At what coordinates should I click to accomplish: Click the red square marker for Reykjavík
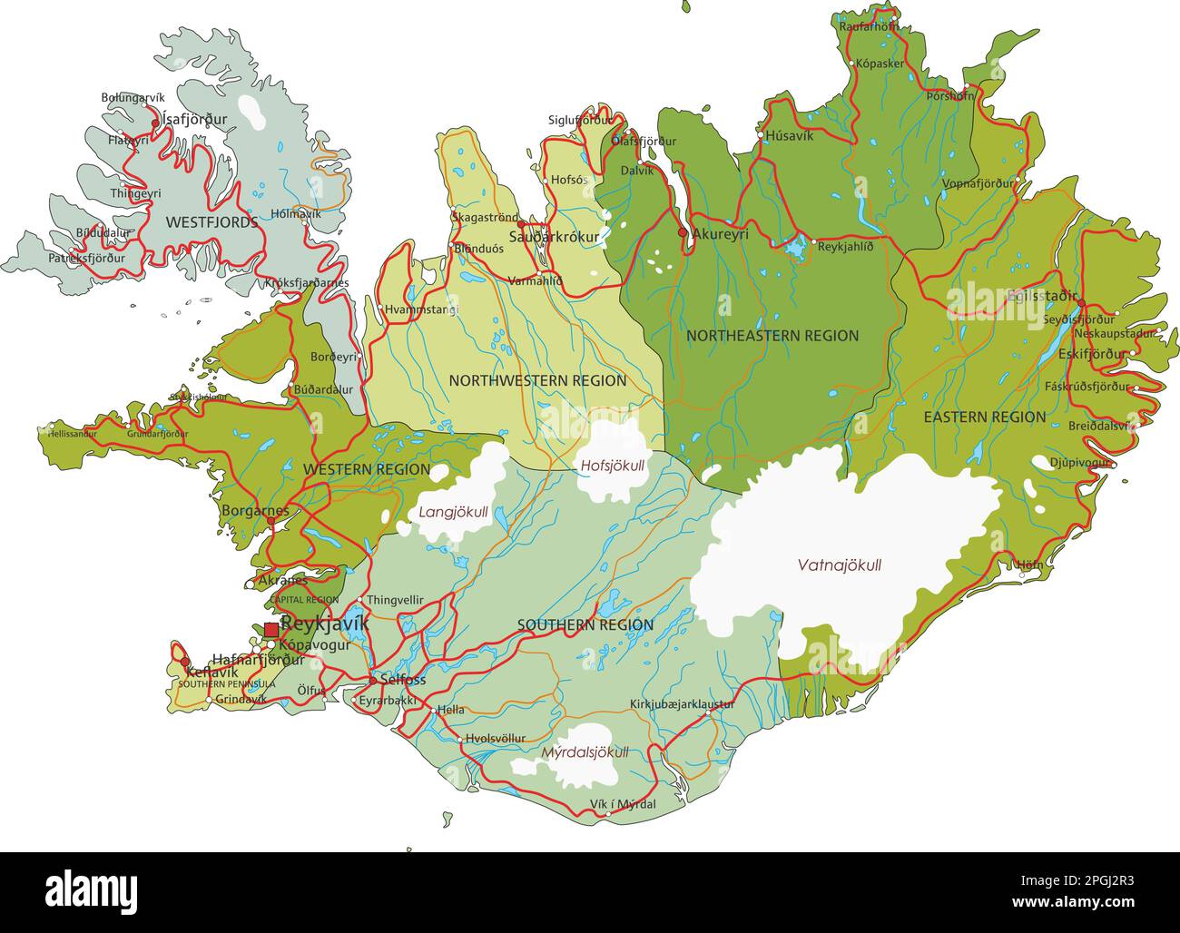[x=271, y=629]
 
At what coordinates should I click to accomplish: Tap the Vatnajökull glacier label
[x=839, y=565]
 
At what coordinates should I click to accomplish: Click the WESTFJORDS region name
[x=211, y=221]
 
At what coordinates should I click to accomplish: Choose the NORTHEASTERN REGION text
[x=772, y=336]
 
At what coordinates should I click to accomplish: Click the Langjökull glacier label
[x=453, y=512]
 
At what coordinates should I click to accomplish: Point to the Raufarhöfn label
[x=869, y=26]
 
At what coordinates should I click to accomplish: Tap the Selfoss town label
[x=402, y=679]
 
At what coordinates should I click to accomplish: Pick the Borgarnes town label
[x=255, y=511]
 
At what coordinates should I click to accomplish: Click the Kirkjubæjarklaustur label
[x=682, y=704]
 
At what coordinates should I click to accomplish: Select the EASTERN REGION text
[x=984, y=417]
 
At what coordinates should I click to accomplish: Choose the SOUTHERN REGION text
[x=585, y=625]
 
